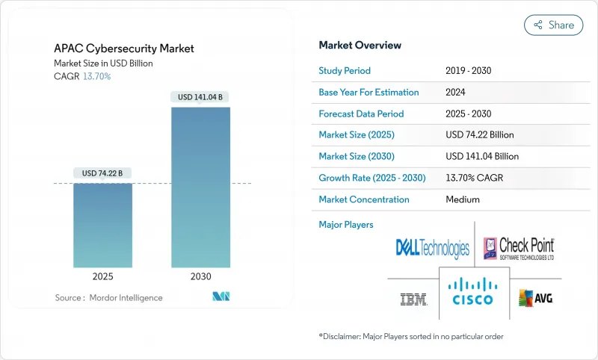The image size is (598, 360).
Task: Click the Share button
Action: point(554,25)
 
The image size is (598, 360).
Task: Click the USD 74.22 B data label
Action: point(103,173)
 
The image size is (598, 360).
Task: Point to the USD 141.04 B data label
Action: point(200,97)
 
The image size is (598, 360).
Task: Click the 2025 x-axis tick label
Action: point(103,276)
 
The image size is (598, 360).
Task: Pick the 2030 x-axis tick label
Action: point(200,276)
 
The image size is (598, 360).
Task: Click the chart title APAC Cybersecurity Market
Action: point(124,49)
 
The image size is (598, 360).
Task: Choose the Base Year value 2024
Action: point(457,93)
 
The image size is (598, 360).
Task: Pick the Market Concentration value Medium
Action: point(463,199)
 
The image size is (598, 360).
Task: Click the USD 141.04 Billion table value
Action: point(482,157)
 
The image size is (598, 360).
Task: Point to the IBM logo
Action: point(413,300)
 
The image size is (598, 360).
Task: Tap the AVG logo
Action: point(536,299)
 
